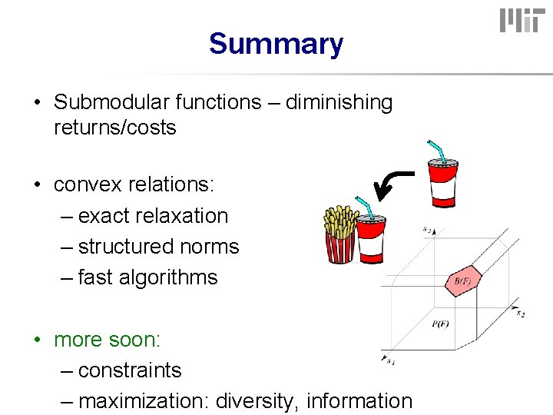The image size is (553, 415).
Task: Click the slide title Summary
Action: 276,44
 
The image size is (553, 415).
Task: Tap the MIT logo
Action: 520,21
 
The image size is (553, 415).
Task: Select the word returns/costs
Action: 115,128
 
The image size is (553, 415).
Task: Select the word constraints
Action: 130,370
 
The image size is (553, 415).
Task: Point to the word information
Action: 359,401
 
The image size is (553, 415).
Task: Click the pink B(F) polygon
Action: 463,282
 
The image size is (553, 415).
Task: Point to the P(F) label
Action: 440,324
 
